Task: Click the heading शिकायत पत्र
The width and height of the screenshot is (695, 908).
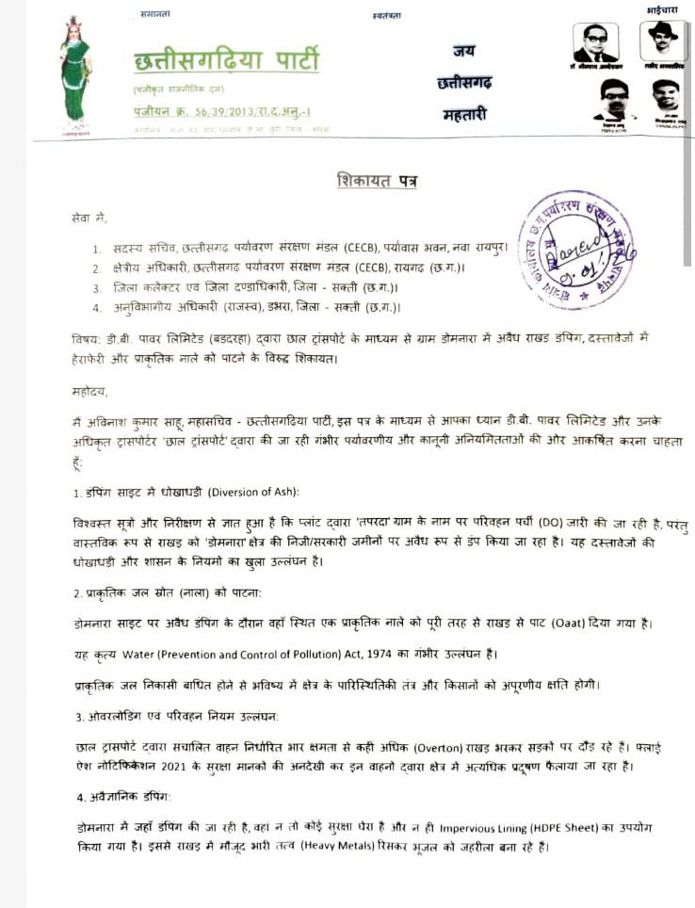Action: click(377, 180)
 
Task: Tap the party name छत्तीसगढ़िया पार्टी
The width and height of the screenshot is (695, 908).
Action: click(226, 62)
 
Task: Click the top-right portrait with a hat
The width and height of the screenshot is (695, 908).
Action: click(662, 41)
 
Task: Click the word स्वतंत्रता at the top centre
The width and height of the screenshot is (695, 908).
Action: click(387, 15)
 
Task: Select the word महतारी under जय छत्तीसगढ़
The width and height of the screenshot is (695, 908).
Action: click(464, 114)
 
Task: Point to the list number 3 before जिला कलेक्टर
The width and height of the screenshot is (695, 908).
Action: click(97, 287)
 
